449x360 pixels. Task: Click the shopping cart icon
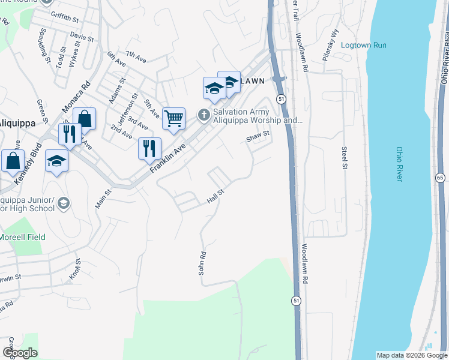point(173,118)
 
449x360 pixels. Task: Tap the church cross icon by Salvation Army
point(203,114)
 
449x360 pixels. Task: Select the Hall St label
point(215,196)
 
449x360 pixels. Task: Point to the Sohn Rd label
point(202,263)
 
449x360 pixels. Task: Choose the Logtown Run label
point(364,45)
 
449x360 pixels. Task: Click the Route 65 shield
point(441,178)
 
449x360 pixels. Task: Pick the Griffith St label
point(65,19)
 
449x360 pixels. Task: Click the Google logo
point(20,353)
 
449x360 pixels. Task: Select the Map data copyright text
point(411,355)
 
